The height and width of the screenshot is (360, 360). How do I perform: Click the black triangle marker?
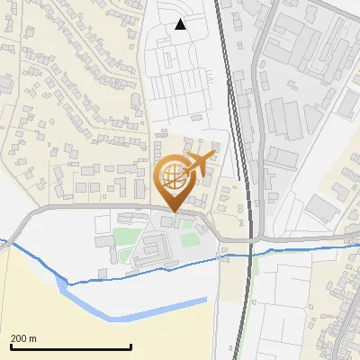coord(180,24)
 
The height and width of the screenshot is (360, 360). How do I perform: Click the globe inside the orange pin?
coord(172,177)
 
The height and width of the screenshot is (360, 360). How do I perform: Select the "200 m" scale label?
coord(23,338)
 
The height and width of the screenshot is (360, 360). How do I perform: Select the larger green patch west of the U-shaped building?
coord(124,238)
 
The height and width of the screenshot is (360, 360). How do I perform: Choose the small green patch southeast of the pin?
coord(189,239)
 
